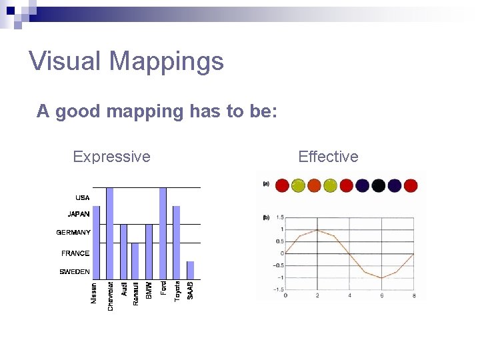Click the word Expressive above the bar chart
pyautogui.click(x=111, y=157)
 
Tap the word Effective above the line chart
pyautogui.click(x=328, y=157)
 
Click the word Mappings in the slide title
pyautogui.click(x=166, y=61)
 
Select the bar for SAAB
pyautogui.click(x=190, y=270)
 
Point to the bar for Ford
pyautogui.click(x=163, y=233)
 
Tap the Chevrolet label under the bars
pyautogui.click(x=111, y=295)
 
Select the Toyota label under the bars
pyautogui.click(x=177, y=291)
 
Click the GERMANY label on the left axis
pyautogui.click(x=73, y=233)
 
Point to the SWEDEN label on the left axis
pyautogui.click(x=75, y=272)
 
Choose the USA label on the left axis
pyautogui.click(x=82, y=198)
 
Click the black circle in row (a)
pyautogui.click(x=379, y=185)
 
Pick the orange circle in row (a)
pyautogui.click(x=314, y=185)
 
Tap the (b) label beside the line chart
pyautogui.click(x=266, y=217)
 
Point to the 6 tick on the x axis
pyautogui.click(x=381, y=295)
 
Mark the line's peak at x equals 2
pyautogui.click(x=317, y=230)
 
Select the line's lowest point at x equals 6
pyautogui.click(x=381, y=277)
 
